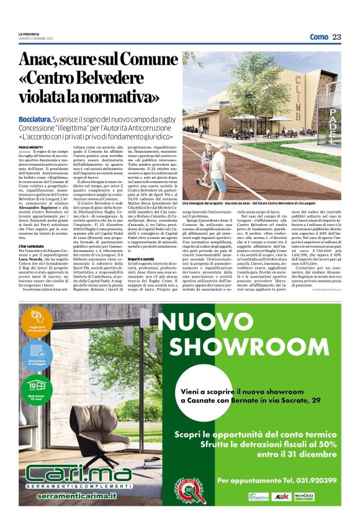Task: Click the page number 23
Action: pos(336,37)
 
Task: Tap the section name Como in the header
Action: pos(318,37)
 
